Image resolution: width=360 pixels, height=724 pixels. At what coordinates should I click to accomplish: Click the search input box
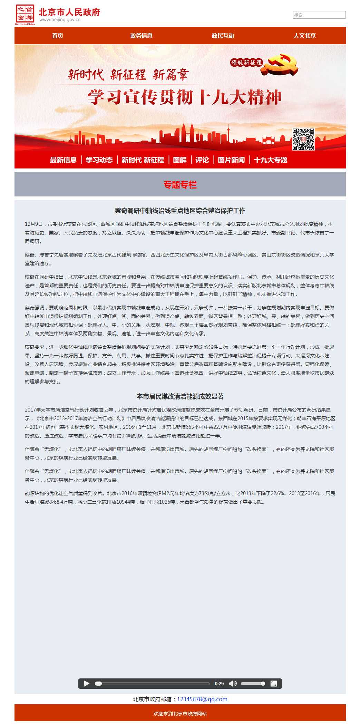coord(319,15)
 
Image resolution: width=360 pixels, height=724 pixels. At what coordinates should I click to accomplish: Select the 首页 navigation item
coord(58,36)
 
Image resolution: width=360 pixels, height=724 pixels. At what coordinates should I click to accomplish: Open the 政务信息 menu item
coord(141,36)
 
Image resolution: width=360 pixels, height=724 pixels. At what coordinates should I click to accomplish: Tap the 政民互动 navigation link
coord(223,36)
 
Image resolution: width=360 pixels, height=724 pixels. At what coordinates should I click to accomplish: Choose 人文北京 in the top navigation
coord(304,36)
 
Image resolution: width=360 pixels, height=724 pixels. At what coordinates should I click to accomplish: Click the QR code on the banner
coord(303,139)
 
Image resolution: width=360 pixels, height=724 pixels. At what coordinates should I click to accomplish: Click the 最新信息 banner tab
coord(63,160)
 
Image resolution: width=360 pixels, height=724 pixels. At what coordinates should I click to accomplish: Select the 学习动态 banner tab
coord(99,160)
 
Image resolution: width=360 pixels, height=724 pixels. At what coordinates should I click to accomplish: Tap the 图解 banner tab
coord(179,160)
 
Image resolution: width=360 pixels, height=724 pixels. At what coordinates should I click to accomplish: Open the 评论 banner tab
coord(202,160)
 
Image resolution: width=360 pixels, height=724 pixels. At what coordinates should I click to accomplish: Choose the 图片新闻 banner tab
coord(231,160)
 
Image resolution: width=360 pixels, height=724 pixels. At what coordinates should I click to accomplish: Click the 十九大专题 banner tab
coord(271,160)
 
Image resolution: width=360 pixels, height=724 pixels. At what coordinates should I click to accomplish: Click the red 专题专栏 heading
coord(180,185)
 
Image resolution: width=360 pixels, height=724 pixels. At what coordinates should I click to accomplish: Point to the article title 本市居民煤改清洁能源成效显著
coord(180,396)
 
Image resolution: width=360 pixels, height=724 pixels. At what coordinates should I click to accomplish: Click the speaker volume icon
coord(233,684)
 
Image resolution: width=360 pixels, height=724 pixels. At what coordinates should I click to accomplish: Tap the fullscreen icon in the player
coord(274,684)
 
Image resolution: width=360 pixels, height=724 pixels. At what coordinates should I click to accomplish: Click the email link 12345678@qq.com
coord(202,699)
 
